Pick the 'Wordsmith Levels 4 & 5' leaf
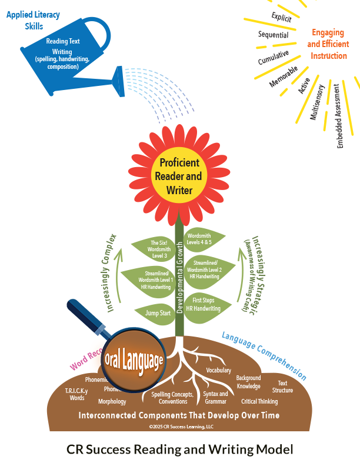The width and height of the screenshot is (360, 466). (x=207, y=239)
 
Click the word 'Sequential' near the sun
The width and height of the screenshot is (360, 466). (x=273, y=35)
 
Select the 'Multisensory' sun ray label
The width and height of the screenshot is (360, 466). (x=318, y=103)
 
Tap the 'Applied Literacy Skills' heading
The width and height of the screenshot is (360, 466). (x=25, y=20)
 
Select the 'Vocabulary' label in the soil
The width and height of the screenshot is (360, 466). (x=218, y=370)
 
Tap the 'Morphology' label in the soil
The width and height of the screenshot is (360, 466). (x=112, y=402)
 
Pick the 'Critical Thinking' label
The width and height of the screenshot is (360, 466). (x=259, y=401)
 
